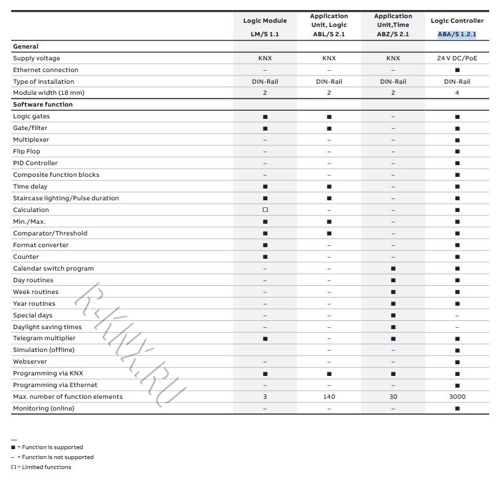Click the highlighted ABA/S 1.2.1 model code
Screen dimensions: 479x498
[457, 34]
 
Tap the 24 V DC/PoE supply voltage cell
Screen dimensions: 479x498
[457, 59]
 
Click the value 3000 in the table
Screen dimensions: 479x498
[457, 397]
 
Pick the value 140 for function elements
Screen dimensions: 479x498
[329, 397]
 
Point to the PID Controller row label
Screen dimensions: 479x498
[35, 163]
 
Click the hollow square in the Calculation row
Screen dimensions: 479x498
[265, 210]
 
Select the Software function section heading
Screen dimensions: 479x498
[43, 105]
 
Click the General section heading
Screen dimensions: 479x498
[26, 47]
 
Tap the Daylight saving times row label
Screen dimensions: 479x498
[47, 327]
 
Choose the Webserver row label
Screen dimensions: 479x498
[29, 362]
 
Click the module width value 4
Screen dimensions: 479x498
[457, 93]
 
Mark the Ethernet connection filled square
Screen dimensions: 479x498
[457, 70]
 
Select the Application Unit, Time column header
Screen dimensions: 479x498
[393, 25]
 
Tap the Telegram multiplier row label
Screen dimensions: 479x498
[44, 338]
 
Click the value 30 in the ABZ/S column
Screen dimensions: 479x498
[393, 397]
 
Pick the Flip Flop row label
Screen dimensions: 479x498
[26, 152]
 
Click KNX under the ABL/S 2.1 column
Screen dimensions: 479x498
[329, 59]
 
